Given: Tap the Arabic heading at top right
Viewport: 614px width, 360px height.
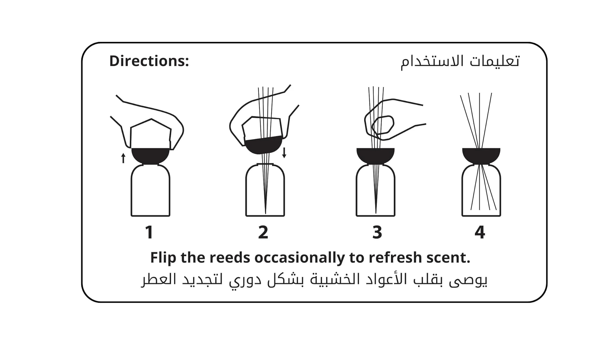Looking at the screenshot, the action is [x=460, y=61].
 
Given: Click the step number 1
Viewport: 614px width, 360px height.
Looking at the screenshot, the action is [x=149, y=232].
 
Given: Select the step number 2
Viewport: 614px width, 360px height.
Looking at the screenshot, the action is [x=263, y=232].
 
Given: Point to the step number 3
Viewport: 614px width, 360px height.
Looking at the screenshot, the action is [x=377, y=232].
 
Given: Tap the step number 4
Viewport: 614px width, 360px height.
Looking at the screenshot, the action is [x=480, y=232].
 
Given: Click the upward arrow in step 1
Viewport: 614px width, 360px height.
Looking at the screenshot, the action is [x=123, y=158].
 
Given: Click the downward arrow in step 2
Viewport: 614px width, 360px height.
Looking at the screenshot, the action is [x=284, y=153].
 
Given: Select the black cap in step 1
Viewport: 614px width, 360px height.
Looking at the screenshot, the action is [x=150, y=155].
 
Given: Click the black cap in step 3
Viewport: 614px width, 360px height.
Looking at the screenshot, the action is [x=375, y=155].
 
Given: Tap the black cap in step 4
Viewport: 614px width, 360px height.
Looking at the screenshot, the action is [x=481, y=155].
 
